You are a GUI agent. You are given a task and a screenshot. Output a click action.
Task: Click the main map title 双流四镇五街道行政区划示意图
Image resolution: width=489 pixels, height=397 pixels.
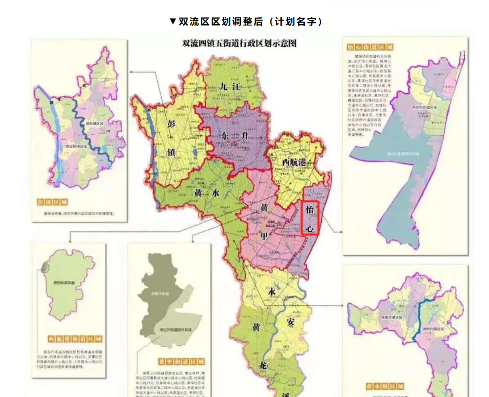pyautogui.click(x=239, y=43)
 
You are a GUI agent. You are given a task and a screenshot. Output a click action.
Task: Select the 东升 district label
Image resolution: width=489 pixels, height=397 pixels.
pyautogui.click(x=235, y=136)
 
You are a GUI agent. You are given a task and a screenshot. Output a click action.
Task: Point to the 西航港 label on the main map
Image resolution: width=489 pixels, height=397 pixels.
pyautogui.click(x=294, y=162)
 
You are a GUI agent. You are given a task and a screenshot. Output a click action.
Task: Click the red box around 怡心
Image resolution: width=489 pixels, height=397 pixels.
pyautogui.click(x=310, y=218)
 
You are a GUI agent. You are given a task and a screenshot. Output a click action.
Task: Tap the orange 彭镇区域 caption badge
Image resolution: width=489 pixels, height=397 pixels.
pyautogui.click(x=52, y=202)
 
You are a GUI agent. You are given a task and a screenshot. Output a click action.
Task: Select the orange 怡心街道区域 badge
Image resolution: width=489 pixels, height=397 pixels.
pyautogui.click(x=370, y=47)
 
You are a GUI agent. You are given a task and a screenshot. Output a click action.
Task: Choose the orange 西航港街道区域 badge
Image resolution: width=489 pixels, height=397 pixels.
pyautogui.click(x=75, y=338)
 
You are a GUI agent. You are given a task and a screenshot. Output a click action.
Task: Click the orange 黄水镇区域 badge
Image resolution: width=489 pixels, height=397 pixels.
pyautogui.click(x=385, y=386)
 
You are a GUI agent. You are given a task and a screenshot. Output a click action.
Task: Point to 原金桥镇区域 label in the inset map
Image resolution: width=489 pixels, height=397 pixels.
pyautogui.click(x=76, y=146)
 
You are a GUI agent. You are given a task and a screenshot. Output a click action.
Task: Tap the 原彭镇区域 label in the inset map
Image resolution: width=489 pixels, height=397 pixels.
pyautogui.click(x=95, y=123)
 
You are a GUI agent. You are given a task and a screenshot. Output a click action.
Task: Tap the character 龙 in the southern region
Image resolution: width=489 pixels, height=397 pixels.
pyautogui.click(x=263, y=365)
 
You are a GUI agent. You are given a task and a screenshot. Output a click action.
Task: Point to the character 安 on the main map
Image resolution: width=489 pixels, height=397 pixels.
pyautogui.click(x=290, y=321)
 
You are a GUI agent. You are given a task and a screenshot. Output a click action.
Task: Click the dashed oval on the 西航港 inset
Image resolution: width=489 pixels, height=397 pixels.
pyautogui.click(x=45, y=267)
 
